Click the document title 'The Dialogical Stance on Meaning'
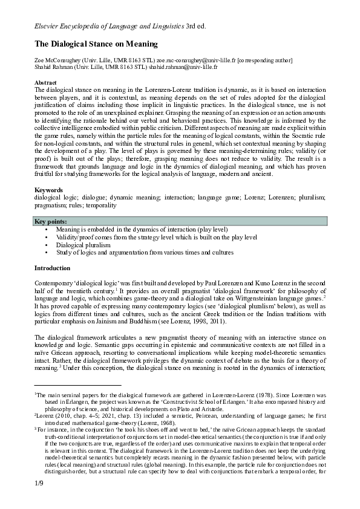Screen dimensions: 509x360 coord(96,44)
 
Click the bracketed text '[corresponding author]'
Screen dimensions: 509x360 coord(265,60)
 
